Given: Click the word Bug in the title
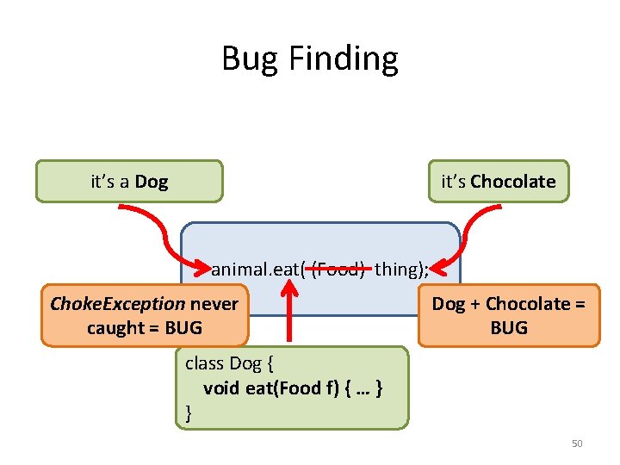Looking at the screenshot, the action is (x=251, y=59).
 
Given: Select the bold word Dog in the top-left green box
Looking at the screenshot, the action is (x=152, y=182).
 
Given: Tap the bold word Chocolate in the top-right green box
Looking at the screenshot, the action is (x=513, y=182).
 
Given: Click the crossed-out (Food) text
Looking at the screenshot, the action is (x=338, y=269).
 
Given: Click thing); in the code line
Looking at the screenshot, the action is (x=401, y=269).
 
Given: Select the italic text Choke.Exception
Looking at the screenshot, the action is (x=118, y=303).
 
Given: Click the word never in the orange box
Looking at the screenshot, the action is (x=214, y=303).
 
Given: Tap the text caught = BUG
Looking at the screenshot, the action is (x=145, y=327).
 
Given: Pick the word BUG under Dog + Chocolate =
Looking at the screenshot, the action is (x=508, y=327).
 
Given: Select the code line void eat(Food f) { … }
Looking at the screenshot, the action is (x=293, y=388).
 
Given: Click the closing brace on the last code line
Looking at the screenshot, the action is (x=189, y=414).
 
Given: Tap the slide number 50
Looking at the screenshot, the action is (x=577, y=443).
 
